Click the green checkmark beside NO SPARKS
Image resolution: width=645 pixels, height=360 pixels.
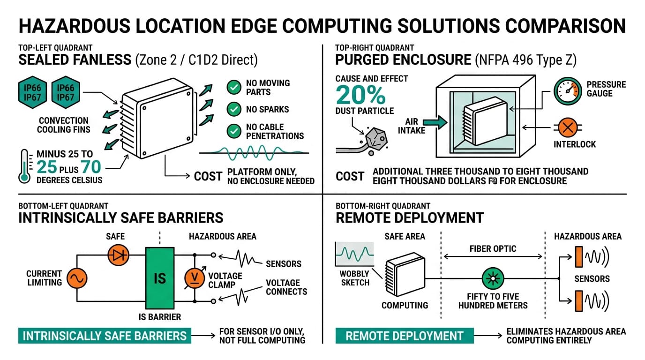click(x=233, y=109)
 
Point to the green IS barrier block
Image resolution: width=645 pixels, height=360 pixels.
click(x=160, y=278)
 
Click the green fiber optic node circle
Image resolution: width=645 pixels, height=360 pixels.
click(x=493, y=278)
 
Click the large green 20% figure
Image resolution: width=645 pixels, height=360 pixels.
click(x=360, y=95)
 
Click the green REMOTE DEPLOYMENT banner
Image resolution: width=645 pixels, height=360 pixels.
click(x=404, y=336)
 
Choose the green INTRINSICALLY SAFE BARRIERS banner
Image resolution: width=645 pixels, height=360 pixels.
click(x=105, y=336)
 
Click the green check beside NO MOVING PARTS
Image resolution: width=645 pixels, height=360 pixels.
click(x=233, y=87)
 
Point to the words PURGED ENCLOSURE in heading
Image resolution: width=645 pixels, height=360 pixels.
click(x=404, y=60)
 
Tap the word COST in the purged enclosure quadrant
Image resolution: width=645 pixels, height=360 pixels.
click(x=350, y=177)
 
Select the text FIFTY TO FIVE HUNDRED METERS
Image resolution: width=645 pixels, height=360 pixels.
click(x=493, y=301)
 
